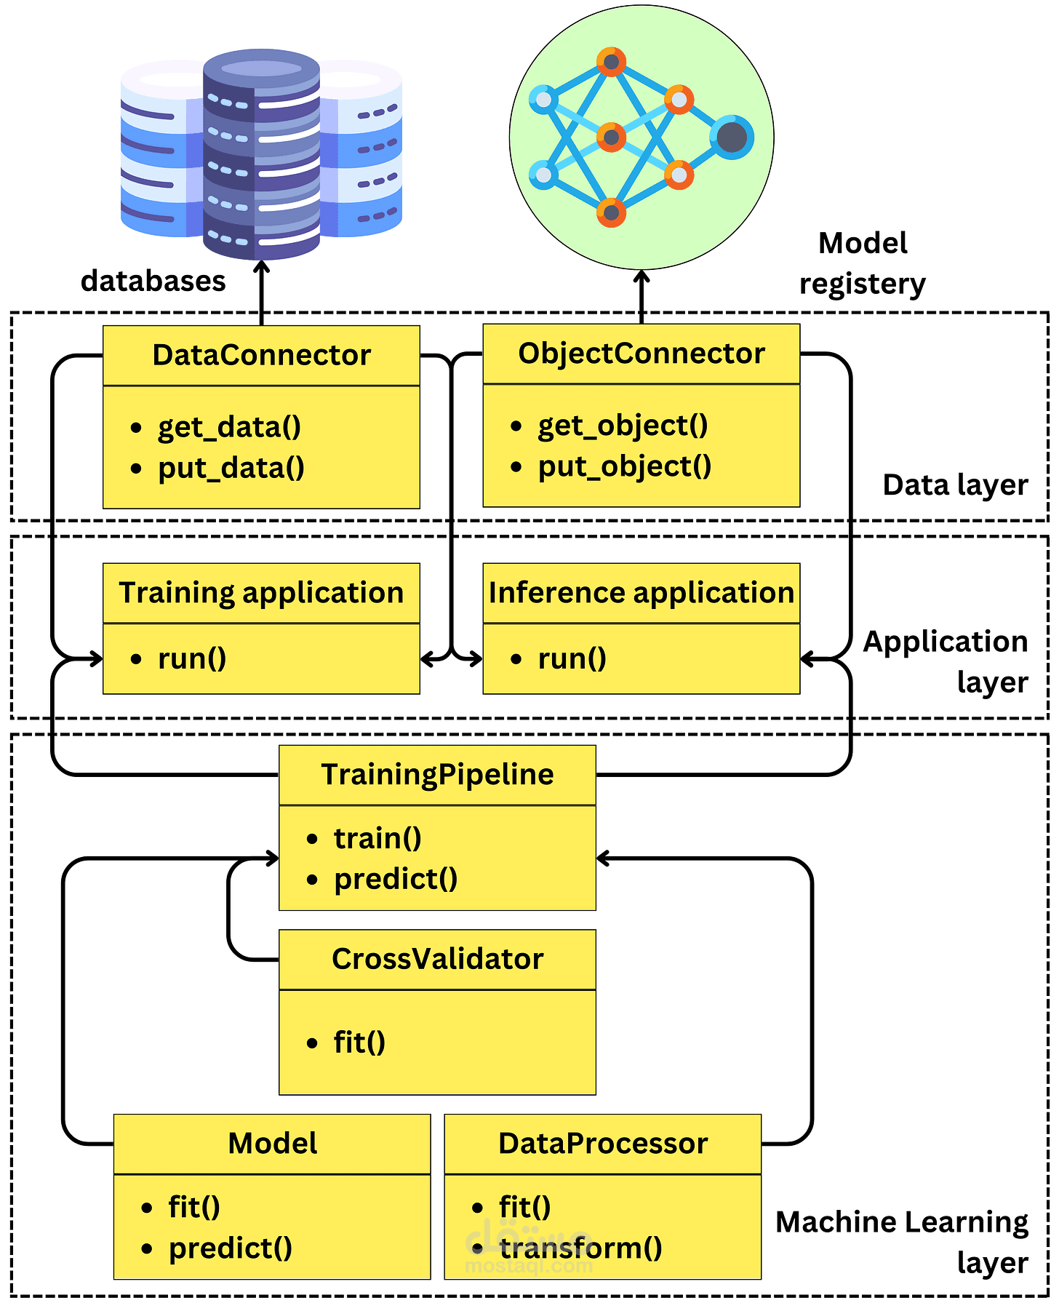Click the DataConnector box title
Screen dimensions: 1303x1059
point(261,355)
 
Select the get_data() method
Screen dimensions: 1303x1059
point(229,426)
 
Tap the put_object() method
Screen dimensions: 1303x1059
point(624,466)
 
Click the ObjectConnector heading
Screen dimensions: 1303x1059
point(641,354)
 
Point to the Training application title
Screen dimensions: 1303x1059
point(261,593)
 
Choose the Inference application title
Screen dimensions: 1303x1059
point(641,593)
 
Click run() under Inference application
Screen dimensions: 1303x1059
point(572,658)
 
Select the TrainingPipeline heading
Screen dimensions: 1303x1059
point(437,775)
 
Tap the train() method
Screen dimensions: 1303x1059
point(377,838)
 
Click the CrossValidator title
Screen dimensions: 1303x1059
point(437,959)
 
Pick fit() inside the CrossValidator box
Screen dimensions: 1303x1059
point(359,1043)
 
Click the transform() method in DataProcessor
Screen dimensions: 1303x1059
point(580,1248)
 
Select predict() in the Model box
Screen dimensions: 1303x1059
point(230,1248)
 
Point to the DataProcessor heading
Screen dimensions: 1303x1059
point(602,1144)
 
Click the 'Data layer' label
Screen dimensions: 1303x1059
point(955,485)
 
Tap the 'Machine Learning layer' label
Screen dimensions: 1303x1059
point(902,1242)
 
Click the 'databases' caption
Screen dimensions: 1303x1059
point(153,281)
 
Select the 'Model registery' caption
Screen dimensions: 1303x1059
point(863,263)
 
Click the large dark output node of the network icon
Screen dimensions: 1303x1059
point(732,137)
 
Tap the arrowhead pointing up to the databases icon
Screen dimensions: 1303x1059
point(261,268)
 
